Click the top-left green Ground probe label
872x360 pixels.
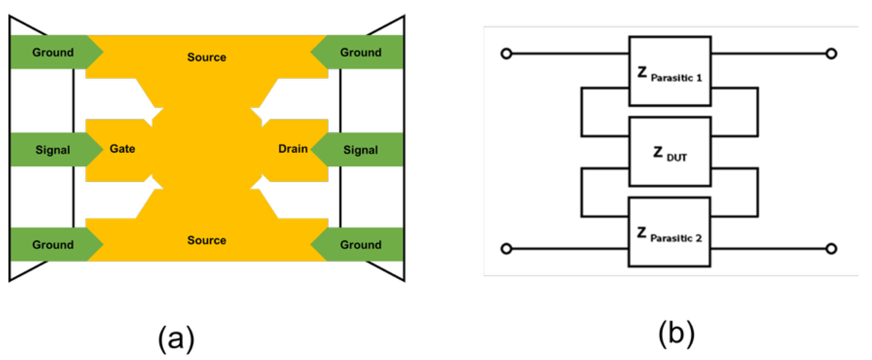tap(53, 53)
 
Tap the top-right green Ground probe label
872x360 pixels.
tap(361, 53)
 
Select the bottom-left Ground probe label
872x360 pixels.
tap(53, 244)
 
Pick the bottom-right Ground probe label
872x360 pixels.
tap(361, 244)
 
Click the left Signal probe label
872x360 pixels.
tap(53, 150)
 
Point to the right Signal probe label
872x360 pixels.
tap(361, 150)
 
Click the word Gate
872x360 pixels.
tap(122, 149)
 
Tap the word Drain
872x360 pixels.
tap(293, 149)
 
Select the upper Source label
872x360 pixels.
tap(207, 57)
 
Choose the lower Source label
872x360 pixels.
tap(207, 240)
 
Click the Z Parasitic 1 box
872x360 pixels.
tap(670, 71)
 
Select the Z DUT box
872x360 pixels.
tap(670, 152)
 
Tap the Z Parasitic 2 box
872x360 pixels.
tap(669, 232)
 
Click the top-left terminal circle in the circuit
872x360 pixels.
tap(506, 54)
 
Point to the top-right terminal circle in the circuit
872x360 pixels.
tap(831, 54)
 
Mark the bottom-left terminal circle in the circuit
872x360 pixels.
tap(506, 249)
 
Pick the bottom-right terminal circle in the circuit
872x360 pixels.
tap(831, 249)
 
